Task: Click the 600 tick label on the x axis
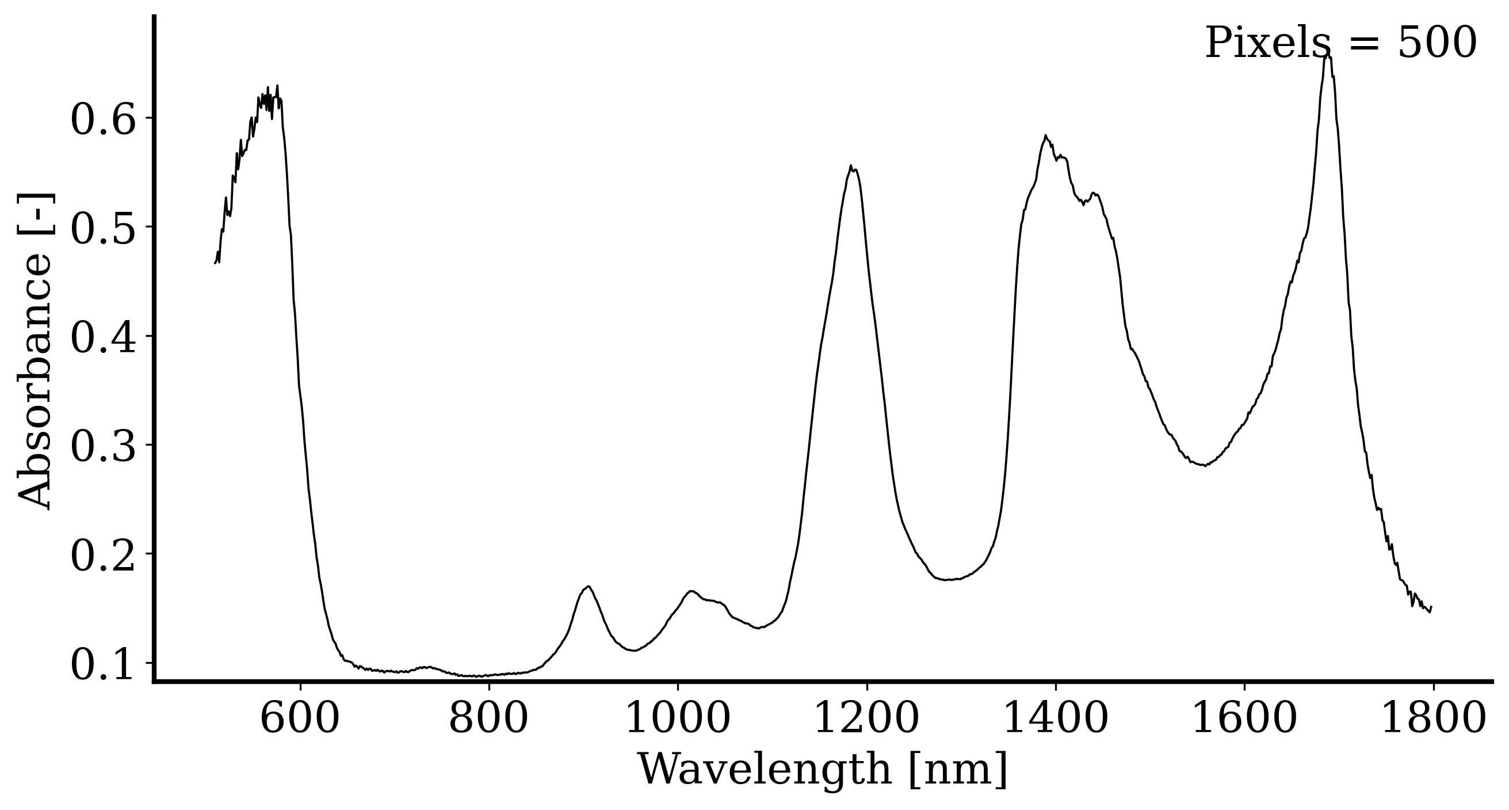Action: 299,719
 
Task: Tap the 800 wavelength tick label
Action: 488,719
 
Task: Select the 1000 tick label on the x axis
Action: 678,719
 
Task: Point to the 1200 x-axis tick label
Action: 866,719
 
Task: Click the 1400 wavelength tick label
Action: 1056,719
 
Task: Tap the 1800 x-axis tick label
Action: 1434,719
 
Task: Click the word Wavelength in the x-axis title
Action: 765,769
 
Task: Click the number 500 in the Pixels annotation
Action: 1437,43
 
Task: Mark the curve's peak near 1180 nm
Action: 850,166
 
